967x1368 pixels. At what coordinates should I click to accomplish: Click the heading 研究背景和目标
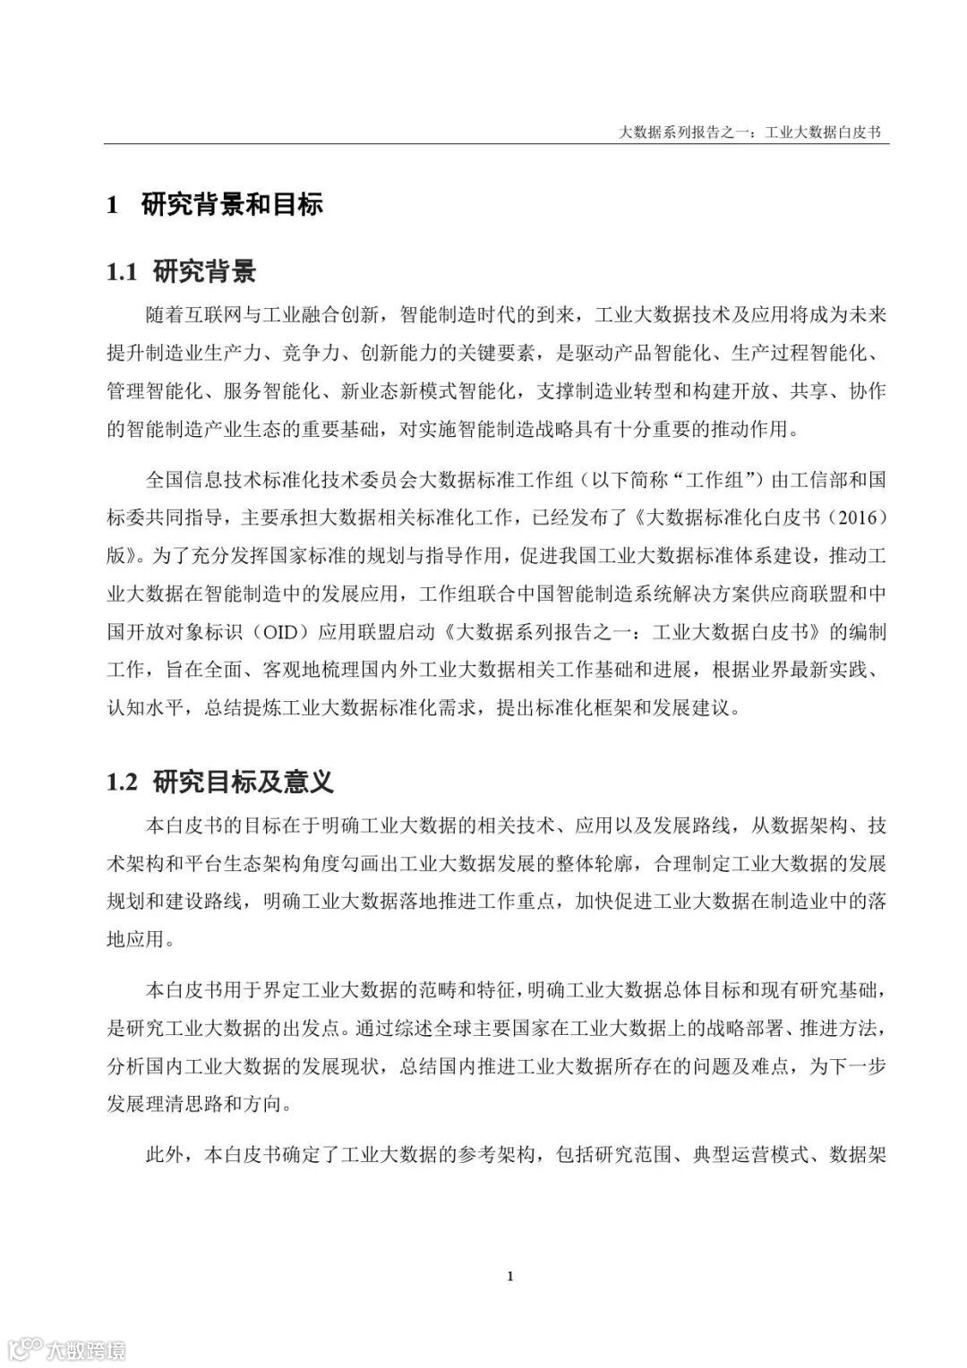pyautogui.click(x=232, y=205)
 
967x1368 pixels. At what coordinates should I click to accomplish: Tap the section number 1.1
pyautogui.click(x=122, y=271)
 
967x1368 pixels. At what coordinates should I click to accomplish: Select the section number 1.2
pyautogui.click(x=122, y=782)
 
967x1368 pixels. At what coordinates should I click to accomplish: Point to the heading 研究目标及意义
pyautogui.click(x=244, y=782)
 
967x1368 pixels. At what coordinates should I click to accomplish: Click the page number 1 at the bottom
pyautogui.click(x=509, y=1276)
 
